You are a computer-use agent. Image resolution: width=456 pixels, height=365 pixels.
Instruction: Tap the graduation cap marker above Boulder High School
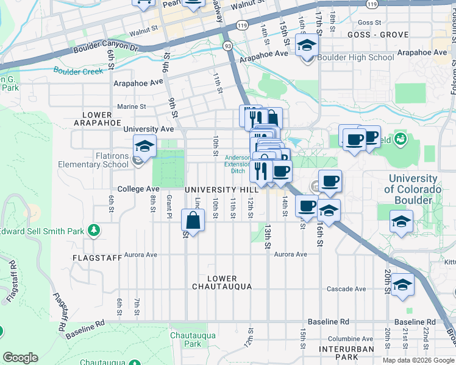pos(307,45)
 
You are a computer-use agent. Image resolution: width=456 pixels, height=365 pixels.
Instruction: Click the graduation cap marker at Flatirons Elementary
pos(144,146)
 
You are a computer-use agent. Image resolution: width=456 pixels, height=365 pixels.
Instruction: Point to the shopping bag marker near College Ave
pos(193,222)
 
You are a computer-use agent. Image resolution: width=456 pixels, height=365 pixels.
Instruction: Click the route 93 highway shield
pos(227,46)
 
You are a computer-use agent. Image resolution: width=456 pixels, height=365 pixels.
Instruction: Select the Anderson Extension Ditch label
pos(237,164)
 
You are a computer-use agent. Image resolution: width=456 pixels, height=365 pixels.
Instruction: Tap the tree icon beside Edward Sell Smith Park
pos(93,230)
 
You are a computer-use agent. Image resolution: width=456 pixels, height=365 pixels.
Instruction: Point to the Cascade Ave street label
pos(346,288)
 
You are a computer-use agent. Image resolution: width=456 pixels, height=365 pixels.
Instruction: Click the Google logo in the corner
pos(20,358)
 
